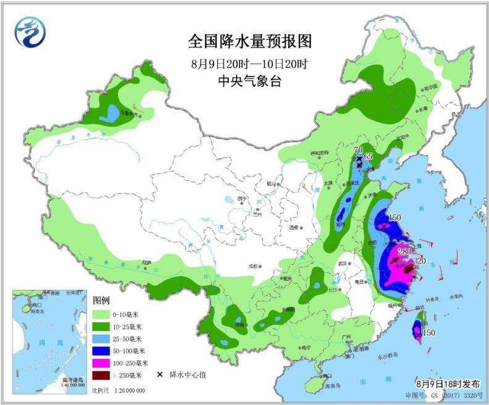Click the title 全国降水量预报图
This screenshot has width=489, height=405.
click(249, 41)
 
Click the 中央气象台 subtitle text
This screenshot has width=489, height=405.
click(249, 81)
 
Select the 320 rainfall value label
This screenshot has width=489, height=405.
click(420, 261)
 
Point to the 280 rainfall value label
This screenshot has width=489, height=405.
click(404, 251)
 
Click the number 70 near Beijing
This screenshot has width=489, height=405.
click(357, 150)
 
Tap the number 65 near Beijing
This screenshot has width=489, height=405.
click(369, 156)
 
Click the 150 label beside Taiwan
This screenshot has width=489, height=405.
click(429, 333)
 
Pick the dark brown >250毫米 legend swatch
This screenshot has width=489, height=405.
click(104, 375)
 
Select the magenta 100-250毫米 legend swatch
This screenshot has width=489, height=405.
click(104, 363)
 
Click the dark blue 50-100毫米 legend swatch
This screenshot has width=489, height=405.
click(104, 351)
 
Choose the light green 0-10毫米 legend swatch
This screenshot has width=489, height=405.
click(104, 314)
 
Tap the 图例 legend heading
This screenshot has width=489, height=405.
click(101, 300)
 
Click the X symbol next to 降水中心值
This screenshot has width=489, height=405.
click(159, 375)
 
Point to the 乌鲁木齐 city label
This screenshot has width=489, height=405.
click(130, 114)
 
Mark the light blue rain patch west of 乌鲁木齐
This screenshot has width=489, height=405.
click(111, 112)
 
